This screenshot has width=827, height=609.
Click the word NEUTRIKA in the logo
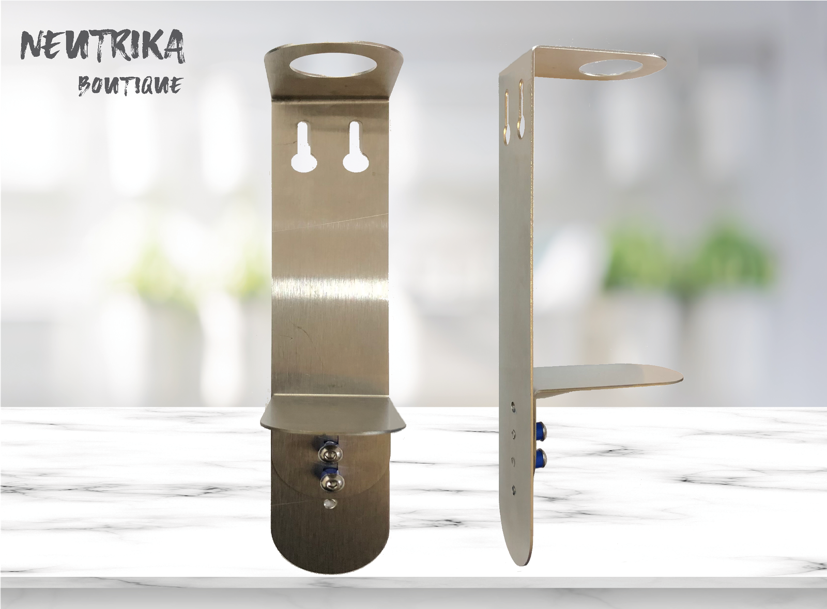[103, 47]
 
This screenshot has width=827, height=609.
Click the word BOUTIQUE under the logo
[130, 86]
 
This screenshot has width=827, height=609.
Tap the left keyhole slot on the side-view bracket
[507, 117]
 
